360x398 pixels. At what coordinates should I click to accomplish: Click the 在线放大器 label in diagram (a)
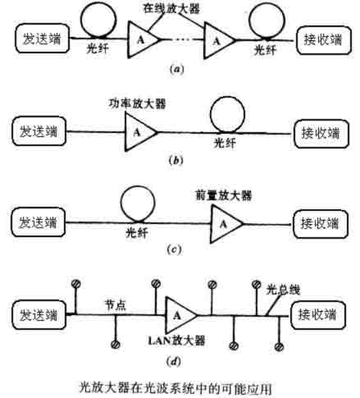pyautogui.click(x=171, y=8)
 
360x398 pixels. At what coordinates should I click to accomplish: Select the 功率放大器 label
pyautogui.click(x=137, y=103)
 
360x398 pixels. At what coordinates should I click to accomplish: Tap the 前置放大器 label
pyautogui.click(x=224, y=195)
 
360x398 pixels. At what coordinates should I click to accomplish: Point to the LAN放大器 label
pyautogui.click(x=176, y=341)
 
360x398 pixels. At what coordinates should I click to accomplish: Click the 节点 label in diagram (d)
pyautogui.click(x=116, y=304)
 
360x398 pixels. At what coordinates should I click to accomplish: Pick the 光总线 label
pyautogui.click(x=283, y=290)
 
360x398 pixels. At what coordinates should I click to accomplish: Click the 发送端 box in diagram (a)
pyautogui.click(x=42, y=39)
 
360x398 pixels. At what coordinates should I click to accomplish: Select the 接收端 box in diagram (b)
pyautogui.click(x=321, y=134)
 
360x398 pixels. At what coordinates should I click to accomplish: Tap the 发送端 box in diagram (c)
pyautogui.click(x=39, y=222)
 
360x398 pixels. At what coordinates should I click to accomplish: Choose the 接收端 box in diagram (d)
pyautogui.click(x=318, y=314)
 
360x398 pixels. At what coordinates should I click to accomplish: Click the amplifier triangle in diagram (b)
pyautogui.click(x=140, y=132)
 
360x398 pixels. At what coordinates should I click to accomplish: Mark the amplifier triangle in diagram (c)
pyautogui.click(x=226, y=224)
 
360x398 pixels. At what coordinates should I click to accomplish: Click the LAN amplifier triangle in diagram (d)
pyautogui.click(x=181, y=315)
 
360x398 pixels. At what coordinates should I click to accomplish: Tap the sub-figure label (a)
pyautogui.click(x=176, y=69)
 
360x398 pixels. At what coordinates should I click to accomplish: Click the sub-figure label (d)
pyautogui.click(x=174, y=362)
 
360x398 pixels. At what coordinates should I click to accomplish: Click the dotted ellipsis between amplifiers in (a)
pyautogui.click(x=182, y=39)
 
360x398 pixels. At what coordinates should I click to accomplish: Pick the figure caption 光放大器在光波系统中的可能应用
pyautogui.click(x=175, y=387)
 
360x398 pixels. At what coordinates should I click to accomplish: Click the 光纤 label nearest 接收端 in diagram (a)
pyautogui.click(x=265, y=50)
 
